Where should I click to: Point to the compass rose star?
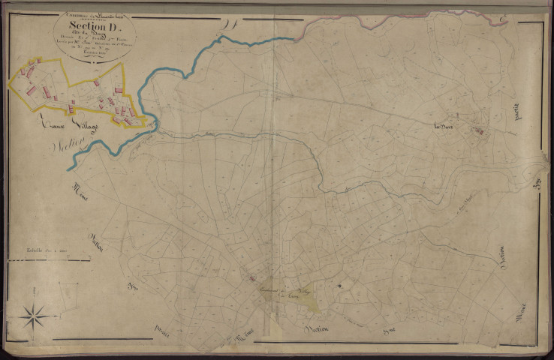coord(33,316)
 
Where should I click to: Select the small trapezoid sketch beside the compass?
coord(67,295)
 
